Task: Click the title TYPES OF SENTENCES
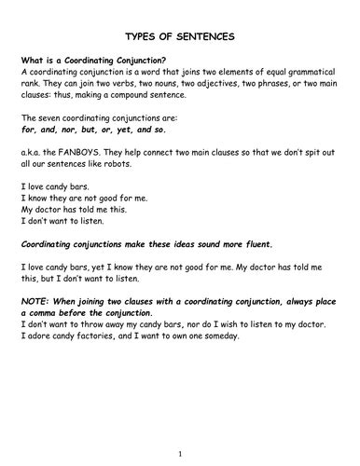(180, 36)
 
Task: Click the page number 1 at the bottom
(180, 454)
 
